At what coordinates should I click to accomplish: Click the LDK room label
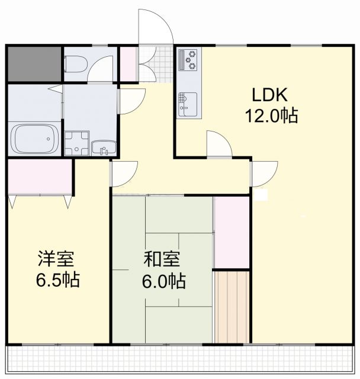point(269,95)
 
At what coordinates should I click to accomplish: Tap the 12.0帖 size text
point(272,115)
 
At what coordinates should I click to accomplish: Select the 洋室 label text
point(56,259)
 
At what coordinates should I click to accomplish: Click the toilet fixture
point(75,63)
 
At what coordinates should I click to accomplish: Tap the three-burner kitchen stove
point(191,59)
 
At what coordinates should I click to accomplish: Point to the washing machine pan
point(76,143)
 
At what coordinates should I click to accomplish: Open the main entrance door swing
point(155,30)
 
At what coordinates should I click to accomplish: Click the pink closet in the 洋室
point(40,176)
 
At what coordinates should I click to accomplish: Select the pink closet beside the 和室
point(231,232)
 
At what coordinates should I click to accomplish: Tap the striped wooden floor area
point(231,306)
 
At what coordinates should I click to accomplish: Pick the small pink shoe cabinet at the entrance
point(127,64)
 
